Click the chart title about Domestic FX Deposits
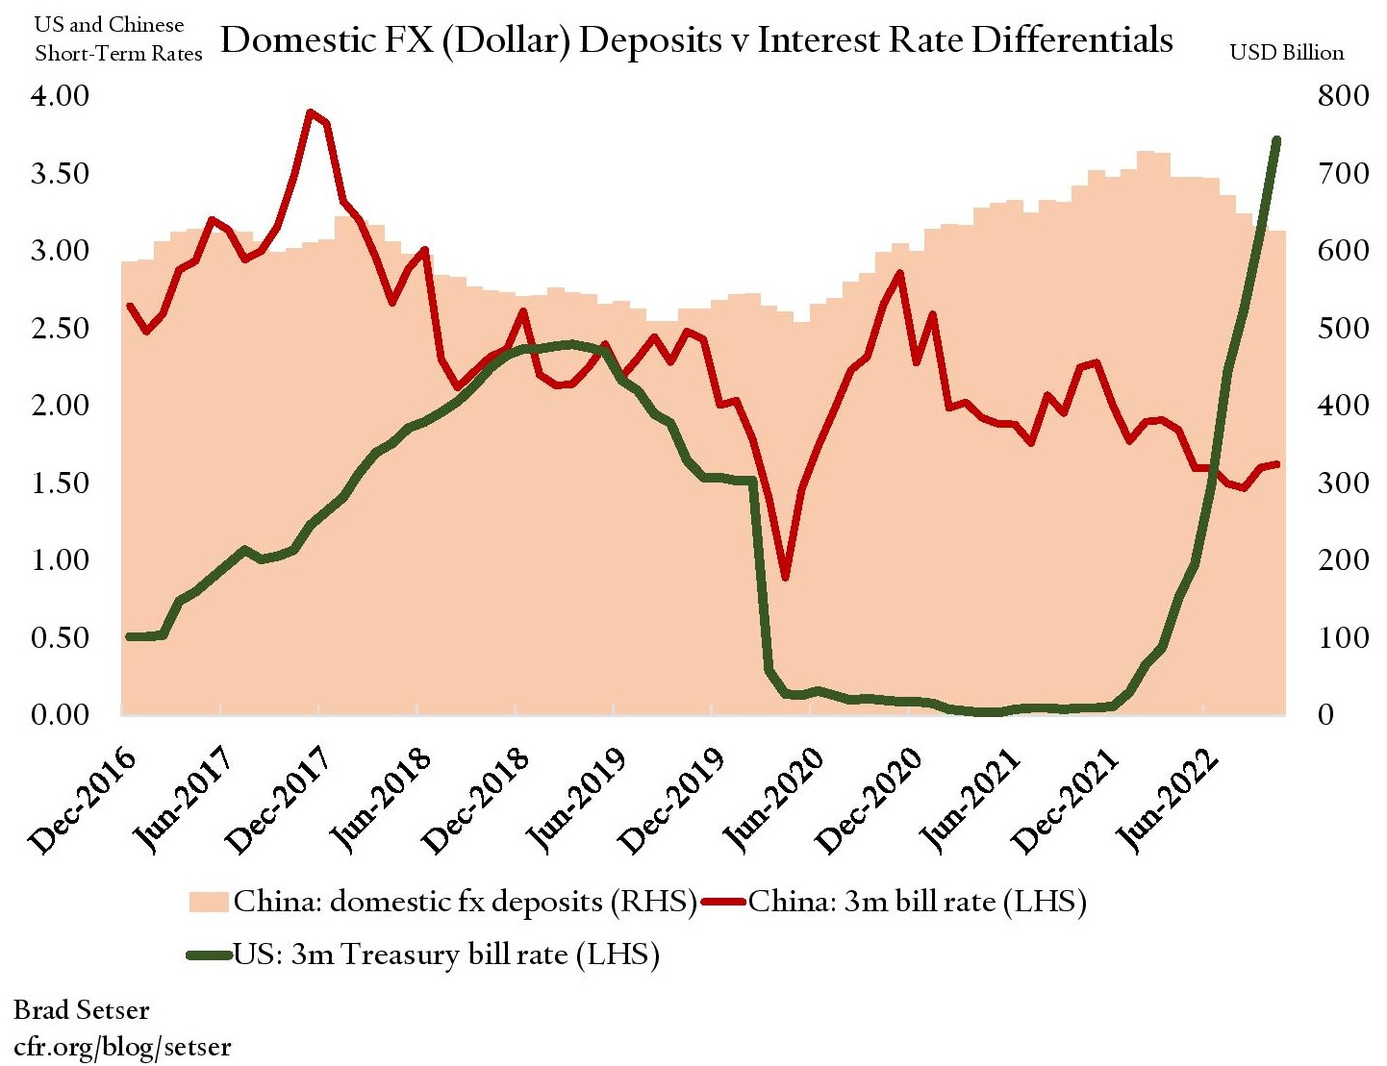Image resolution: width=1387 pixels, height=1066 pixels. [x=696, y=40]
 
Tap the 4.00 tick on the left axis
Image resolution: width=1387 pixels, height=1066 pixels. [x=61, y=95]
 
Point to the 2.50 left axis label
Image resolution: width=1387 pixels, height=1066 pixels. [x=61, y=328]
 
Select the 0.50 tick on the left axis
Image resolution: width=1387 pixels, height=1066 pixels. [x=61, y=637]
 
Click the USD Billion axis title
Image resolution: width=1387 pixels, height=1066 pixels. [x=1287, y=53]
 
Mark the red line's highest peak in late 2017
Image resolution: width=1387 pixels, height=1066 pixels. [x=310, y=112]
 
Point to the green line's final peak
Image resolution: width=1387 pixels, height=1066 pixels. [x=1276, y=140]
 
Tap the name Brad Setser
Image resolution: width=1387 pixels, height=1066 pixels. [x=82, y=1010]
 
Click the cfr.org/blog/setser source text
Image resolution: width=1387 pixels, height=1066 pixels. [x=122, y=1046]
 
